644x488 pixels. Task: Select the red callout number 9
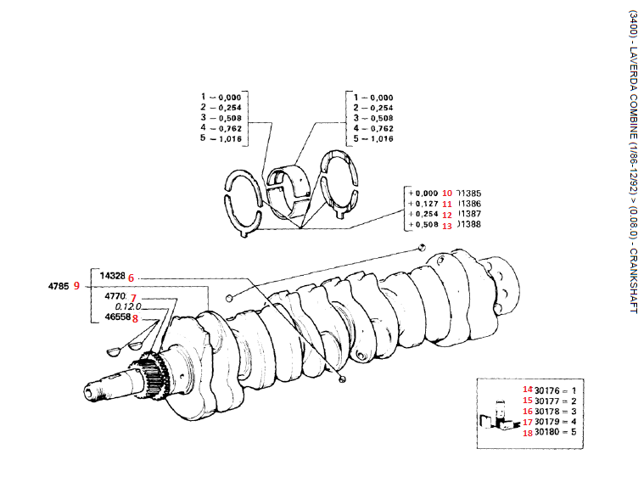click(x=77, y=286)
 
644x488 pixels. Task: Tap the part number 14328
click(x=112, y=277)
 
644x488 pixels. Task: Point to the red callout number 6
click(x=132, y=278)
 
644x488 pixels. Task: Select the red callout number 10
click(x=447, y=193)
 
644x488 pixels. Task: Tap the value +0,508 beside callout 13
click(x=423, y=225)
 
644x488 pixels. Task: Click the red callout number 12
click(x=447, y=215)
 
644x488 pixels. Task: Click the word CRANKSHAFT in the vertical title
click(x=633, y=281)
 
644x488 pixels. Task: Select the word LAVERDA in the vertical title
click(x=633, y=65)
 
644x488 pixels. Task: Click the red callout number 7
click(x=132, y=296)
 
